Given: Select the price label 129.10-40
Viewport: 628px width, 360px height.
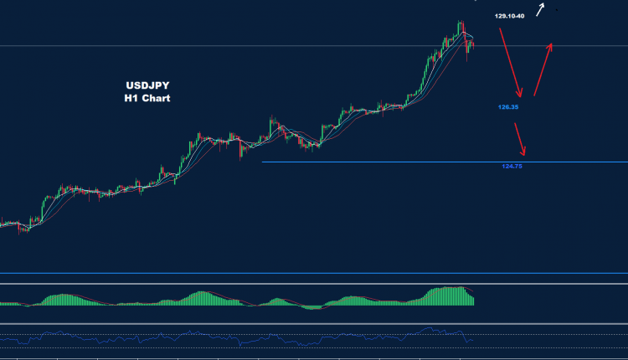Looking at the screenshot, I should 509,16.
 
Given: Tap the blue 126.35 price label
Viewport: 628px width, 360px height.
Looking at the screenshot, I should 509,107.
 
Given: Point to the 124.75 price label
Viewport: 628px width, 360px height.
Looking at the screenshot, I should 512,167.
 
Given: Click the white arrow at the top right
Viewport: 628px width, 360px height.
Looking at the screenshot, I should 542,9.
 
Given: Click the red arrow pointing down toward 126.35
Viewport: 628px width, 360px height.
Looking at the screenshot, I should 512,63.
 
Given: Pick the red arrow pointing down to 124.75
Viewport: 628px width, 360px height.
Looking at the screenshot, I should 520,140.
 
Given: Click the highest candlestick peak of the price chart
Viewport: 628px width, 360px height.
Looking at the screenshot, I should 460,23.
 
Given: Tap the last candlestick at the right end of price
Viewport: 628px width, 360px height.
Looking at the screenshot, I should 473,44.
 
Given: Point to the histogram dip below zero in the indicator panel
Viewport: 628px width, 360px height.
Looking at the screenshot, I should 311,307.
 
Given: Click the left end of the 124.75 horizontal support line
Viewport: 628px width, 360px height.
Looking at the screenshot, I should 264,162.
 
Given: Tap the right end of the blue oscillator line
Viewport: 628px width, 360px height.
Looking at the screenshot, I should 475,340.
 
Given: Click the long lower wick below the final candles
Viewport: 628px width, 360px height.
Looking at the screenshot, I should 467,57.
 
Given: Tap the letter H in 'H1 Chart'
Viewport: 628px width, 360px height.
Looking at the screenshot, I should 127,98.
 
